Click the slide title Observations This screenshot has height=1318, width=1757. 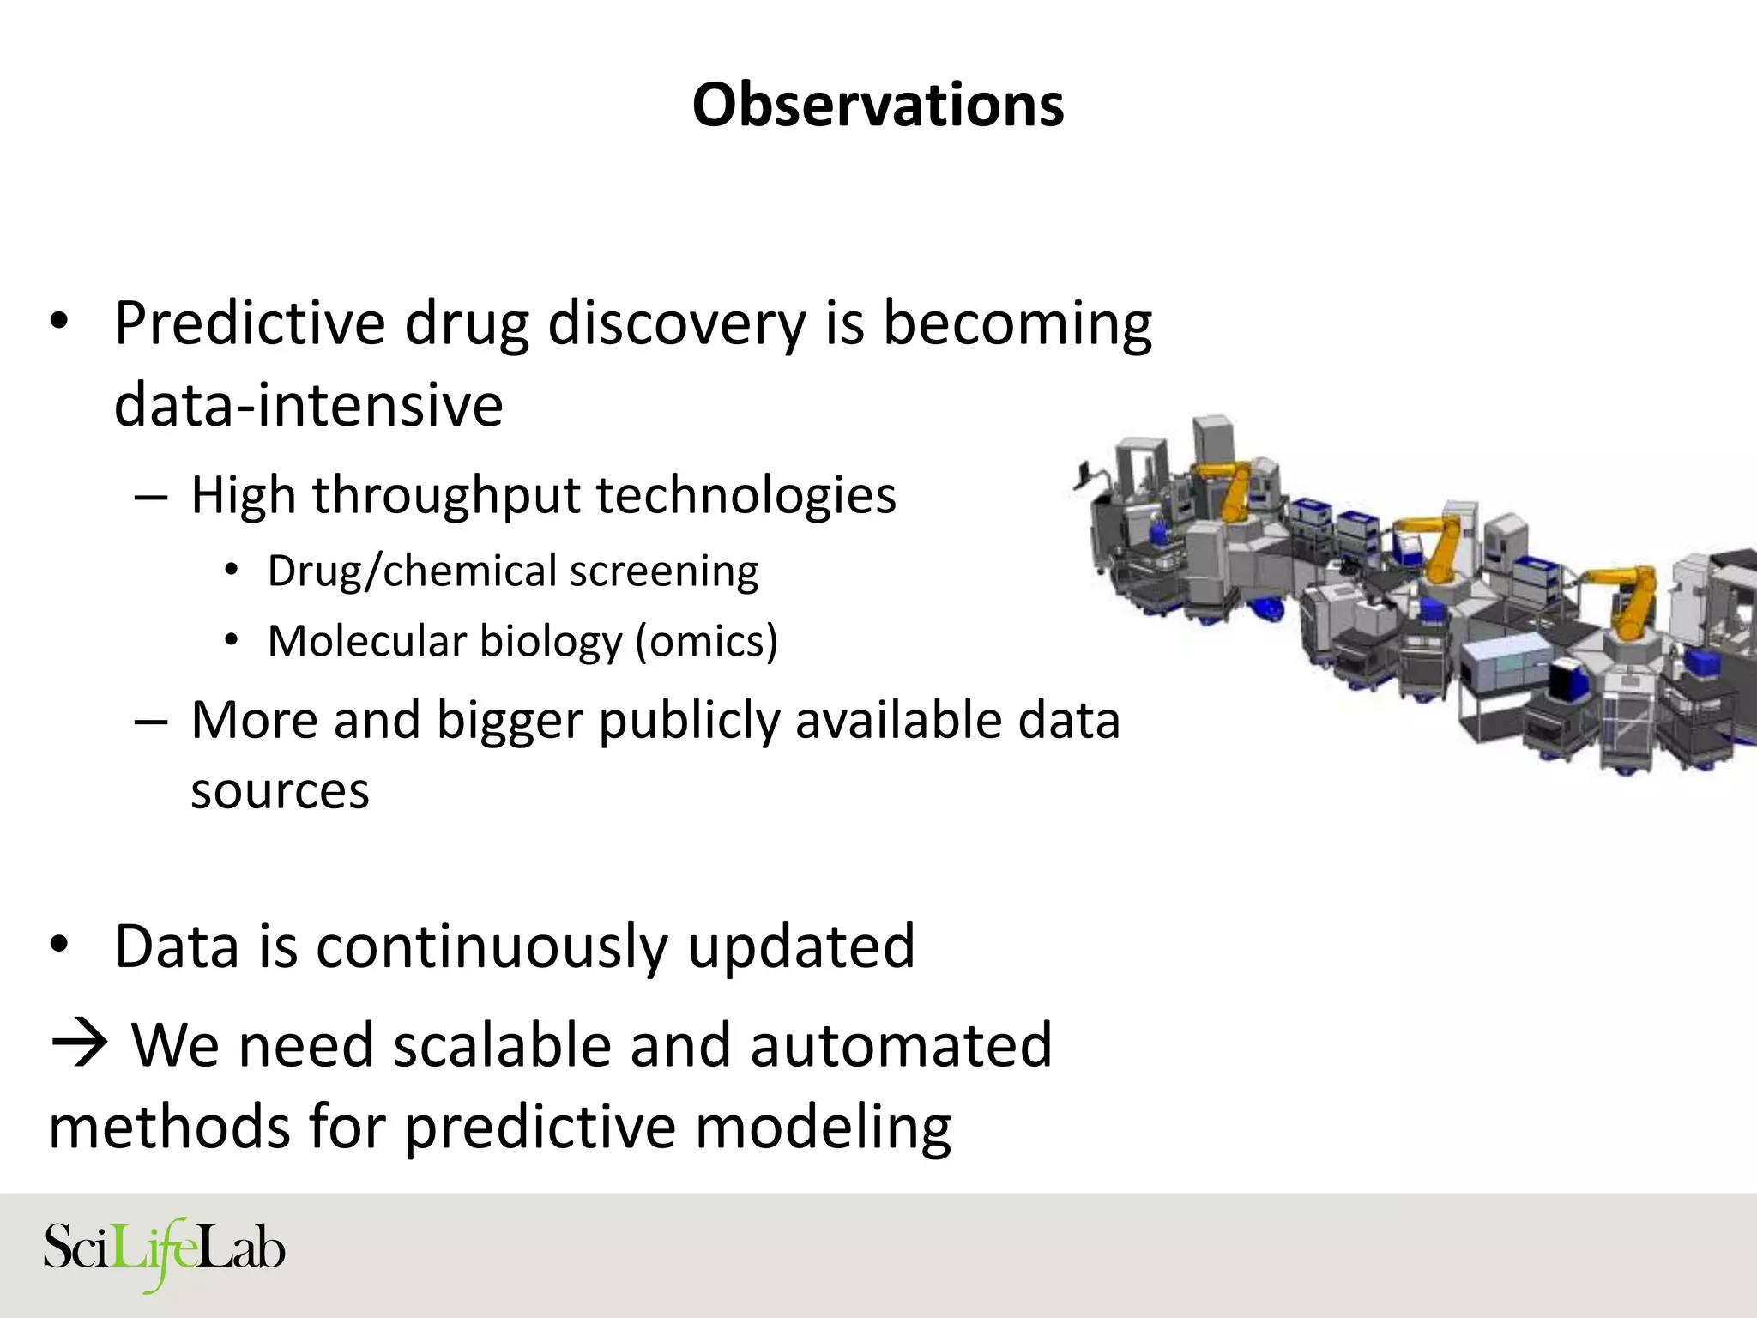pyautogui.click(x=878, y=105)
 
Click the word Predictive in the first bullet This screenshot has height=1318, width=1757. pyautogui.click(x=250, y=324)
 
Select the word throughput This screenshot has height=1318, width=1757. pyautogui.click(x=446, y=496)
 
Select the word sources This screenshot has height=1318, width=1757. pyautogui.click(x=280, y=790)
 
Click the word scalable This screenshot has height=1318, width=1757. pyautogui.click(x=503, y=1045)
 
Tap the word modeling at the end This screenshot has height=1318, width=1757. pyautogui.click(x=823, y=1127)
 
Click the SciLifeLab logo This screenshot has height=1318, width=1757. pyautogui.click(x=164, y=1251)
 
